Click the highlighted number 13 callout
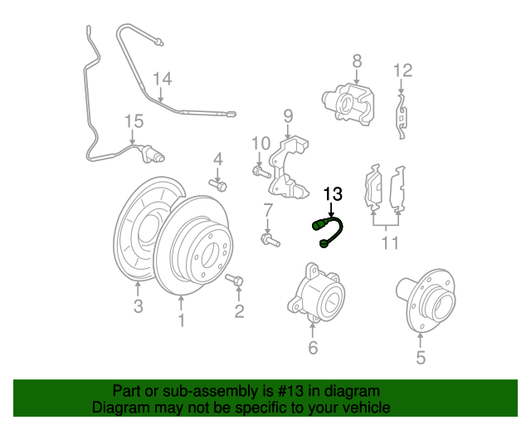pos(333,194)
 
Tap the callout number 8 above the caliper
pos(357,61)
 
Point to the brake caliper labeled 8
pos(348,105)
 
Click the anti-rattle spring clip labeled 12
pos(402,116)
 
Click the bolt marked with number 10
pos(261,172)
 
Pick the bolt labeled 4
pos(217,185)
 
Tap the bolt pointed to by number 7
pos(270,240)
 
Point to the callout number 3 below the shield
pos(138,306)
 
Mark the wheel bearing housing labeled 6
pos(315,292)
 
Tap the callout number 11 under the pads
pos(390,242)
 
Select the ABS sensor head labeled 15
pos(153,154)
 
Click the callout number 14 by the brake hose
pos(163,79)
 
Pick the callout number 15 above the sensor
pos(134,121)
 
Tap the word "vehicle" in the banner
pos(368,407)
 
